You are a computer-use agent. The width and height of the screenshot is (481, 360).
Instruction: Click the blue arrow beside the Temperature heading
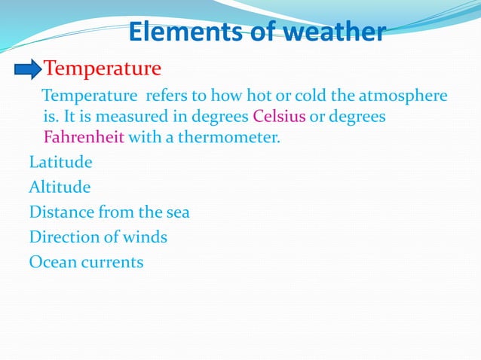[28, 71]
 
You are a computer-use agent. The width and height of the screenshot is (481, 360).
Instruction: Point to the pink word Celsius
[279, 118]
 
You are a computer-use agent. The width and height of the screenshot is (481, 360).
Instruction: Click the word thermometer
[234, 139]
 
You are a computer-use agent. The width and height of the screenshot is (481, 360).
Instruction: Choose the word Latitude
[60, 162]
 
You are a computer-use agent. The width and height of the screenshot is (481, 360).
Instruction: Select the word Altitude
[60, 187]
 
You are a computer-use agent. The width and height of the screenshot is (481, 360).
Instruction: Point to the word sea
[176, 212]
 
